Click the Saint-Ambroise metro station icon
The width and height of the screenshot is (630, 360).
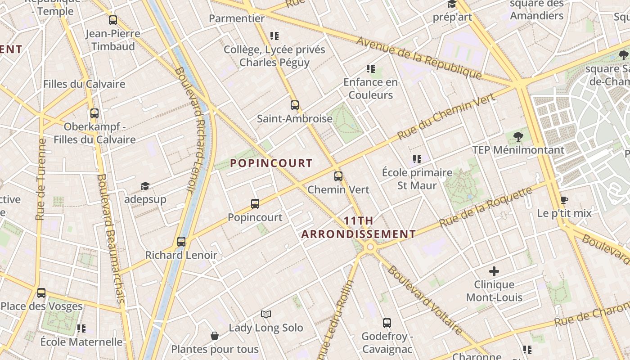(x=295, y=105)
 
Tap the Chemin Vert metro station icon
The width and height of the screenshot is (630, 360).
(x=338, y=176)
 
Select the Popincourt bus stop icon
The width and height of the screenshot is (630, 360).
(x=255, y=204)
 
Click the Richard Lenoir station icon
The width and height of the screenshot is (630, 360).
(x=181, y=242)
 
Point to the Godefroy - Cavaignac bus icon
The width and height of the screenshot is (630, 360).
(x=387, y=323)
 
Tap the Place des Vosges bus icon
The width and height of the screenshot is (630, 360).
(x=41, y=293)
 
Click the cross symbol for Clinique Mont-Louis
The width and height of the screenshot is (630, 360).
(x=494, y=271)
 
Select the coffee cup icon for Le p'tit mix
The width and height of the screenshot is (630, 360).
(x=564, y=200)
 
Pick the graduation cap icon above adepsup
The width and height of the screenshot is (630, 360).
(x=145, y=186)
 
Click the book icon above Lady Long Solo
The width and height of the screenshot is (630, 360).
(x=266, y=314)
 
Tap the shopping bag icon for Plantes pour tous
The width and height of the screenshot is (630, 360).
(x=215, y=336)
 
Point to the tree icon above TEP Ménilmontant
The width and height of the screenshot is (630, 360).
(x=518, y=136)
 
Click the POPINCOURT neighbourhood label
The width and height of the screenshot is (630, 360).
(x=271, y=163)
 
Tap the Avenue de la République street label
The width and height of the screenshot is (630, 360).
(x=419, y=57)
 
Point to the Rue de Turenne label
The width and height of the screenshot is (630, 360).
(x=41, y=179)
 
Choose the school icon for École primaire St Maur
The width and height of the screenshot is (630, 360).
(x=417, y=159)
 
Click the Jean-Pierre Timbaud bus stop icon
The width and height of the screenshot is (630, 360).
(x=113, y=20)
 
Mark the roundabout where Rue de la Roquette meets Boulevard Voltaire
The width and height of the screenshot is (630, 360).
(x=370, y=247)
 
